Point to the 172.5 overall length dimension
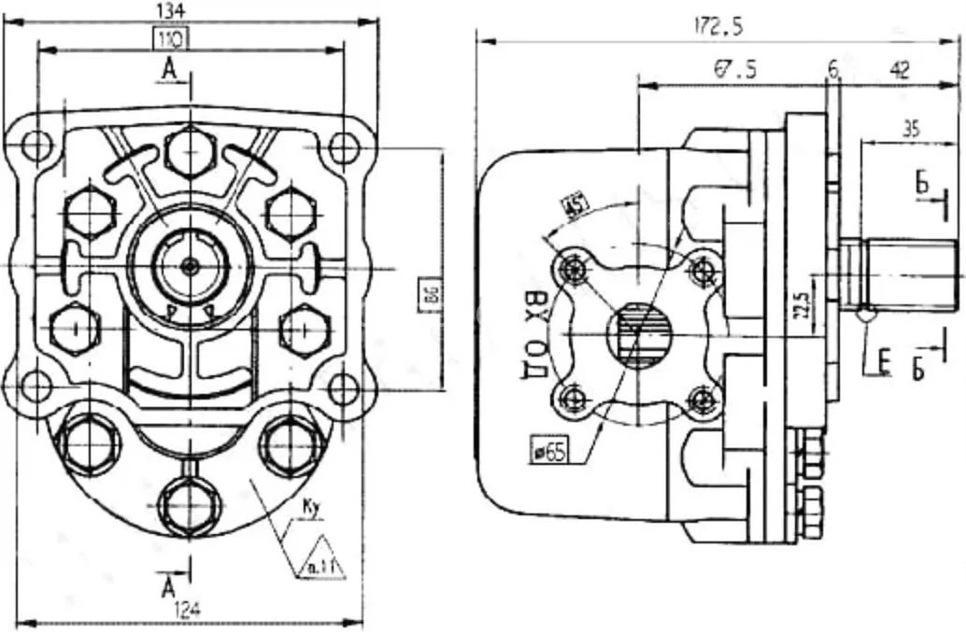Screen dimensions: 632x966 [718, 28]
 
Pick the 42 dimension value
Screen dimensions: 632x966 [899, 69]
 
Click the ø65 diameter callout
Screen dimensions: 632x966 [549, 452]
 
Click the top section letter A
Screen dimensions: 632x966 [168, 67]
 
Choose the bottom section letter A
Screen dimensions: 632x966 [168, 585]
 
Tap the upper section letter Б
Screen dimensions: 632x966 [922, 184]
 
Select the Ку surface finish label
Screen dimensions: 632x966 [311, 509]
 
